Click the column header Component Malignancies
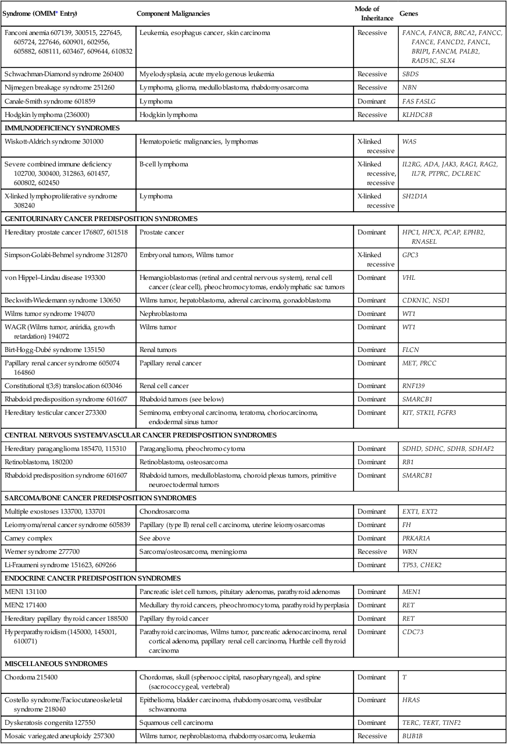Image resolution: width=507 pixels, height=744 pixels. pos(173,13)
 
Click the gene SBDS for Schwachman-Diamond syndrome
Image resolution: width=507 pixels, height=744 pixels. pos(410,74)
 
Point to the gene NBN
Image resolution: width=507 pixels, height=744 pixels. pos(409,87)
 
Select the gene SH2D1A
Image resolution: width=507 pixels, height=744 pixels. pos(415,197)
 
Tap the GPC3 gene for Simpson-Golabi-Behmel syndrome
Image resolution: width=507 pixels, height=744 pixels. pos(410,255)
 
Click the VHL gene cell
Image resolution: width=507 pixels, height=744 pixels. pos(409,278)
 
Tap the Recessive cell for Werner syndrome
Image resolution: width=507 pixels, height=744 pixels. pos(372,551)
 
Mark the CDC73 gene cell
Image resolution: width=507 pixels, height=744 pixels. pos(412,631)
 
